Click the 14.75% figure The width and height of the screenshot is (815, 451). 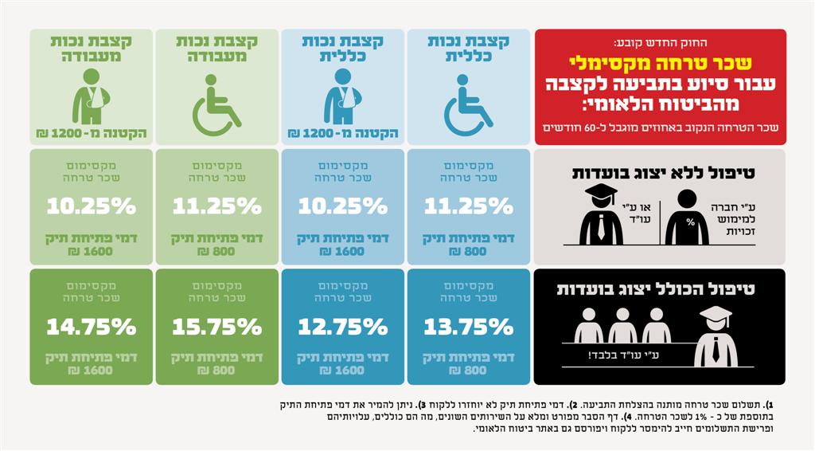pos(91,327)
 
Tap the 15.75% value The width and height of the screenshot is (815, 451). pos(216,327)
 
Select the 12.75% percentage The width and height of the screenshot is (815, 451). pos(342,327)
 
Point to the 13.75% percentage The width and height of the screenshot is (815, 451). pos(468,327)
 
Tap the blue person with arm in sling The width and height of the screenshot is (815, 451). pos(342,96)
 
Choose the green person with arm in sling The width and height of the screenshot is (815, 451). pos(91,96)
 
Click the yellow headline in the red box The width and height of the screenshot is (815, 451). pos(660,63)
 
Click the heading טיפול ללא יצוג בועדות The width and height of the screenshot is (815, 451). pos(660,171)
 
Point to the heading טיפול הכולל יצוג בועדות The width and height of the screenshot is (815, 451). pos(660,289)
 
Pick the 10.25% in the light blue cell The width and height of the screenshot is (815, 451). pos(342,206)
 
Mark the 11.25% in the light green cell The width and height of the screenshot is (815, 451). pos(216,206)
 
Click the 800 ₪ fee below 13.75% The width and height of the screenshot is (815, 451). pos(468,370)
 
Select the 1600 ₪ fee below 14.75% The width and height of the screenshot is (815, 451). pos(91,370)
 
